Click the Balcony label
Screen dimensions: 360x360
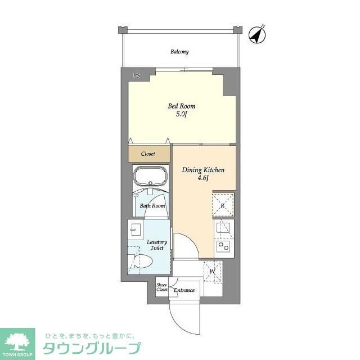(179, 52)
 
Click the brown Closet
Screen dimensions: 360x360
(149, 153)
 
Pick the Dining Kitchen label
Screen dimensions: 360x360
(204, 169)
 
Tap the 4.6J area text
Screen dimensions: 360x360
(204, 178)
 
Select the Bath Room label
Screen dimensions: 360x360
(152, 206)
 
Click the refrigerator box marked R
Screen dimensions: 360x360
(223, 204)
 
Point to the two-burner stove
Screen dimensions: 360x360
(223, 246)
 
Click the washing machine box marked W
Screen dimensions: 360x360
(212, 272)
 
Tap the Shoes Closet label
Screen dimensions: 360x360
(162, 287)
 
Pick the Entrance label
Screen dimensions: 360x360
(184, 290)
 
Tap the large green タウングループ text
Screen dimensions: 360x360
(92, 348)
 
